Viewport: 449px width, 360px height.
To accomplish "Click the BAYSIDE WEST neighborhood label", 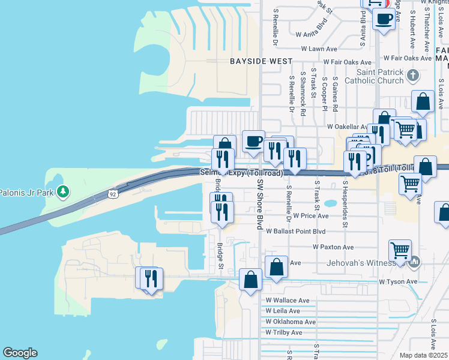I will [x=262, y=61].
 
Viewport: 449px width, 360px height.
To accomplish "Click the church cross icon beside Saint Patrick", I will [x=412, y=76].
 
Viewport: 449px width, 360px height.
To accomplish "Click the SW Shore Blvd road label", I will [x=260, y=203].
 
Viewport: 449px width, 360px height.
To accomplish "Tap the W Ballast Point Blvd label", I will [x=295, y=231].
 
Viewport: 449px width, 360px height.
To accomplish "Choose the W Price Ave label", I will [x=310, y=215].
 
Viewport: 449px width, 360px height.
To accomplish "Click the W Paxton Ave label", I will [x=333, y=247].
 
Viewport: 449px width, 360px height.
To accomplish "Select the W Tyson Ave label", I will [x=397, y=281].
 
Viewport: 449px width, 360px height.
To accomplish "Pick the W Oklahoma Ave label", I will [x=291, y=322].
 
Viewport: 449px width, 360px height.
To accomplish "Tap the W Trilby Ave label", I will [x=284, y=332].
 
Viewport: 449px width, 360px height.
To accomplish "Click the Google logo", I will [x=20, y=353].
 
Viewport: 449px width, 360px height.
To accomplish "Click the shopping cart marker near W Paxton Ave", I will [x=400, y=250].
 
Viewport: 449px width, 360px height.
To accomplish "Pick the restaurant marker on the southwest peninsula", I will [x=151, y=278].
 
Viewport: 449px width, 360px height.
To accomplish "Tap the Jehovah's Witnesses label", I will [x=360, y=263].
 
